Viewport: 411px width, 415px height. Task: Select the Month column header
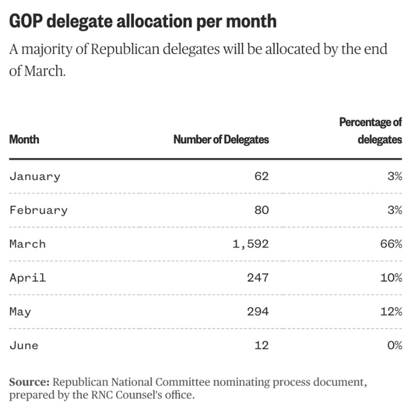click(x=24, y=140)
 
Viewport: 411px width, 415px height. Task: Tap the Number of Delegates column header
click(x=221, y=140)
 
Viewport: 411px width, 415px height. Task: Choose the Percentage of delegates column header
click(x=371, y=131)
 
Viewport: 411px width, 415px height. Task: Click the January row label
click(x=35, y=176)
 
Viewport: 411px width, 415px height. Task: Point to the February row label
click(x=38, y=210)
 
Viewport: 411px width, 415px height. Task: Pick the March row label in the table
click(x=27, y=244)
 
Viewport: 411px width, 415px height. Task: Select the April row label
click(x=27, y=278)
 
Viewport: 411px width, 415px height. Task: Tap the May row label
click(x=20, y=312)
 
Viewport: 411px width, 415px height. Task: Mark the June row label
click(x=24, y=345)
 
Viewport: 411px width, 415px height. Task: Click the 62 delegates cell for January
click(x=261, y=176)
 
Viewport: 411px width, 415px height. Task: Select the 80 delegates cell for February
click(x=261, y=210)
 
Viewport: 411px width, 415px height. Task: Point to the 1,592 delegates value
click(x=250, y=244)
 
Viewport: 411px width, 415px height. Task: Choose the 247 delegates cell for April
click(x=257, y=278)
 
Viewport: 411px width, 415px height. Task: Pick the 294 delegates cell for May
click(x=257, y=312)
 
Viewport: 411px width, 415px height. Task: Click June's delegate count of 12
click(x=261, y=345)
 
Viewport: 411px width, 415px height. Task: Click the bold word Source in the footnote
click(x=29, y=381)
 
